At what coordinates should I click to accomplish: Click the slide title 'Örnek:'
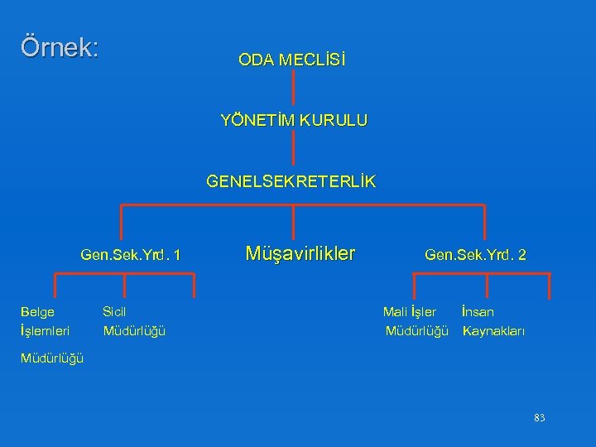pos(60,46)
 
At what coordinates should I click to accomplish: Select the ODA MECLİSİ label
pos(292,60)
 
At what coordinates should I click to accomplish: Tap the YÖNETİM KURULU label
pos(294,120)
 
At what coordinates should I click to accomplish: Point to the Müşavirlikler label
pos(300,252)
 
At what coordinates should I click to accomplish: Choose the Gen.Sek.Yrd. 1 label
pos(131,256)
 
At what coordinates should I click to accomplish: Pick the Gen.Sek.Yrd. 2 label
pos(475,256)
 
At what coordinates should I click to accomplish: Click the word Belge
pos(37,312)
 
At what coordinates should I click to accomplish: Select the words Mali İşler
pos(410,312)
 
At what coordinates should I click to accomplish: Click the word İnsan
pos(478,312)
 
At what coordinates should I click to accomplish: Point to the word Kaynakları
pos(494,331)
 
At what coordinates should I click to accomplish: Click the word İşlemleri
pos(45,331)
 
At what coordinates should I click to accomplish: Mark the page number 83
pos(540,418)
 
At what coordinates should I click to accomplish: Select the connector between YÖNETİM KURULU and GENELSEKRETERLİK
pos(294,150)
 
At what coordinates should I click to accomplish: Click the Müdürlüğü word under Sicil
pos(134,331)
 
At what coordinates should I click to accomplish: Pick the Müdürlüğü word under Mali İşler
pos(417,331)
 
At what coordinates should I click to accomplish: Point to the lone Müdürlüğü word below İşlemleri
pos(51,358)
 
